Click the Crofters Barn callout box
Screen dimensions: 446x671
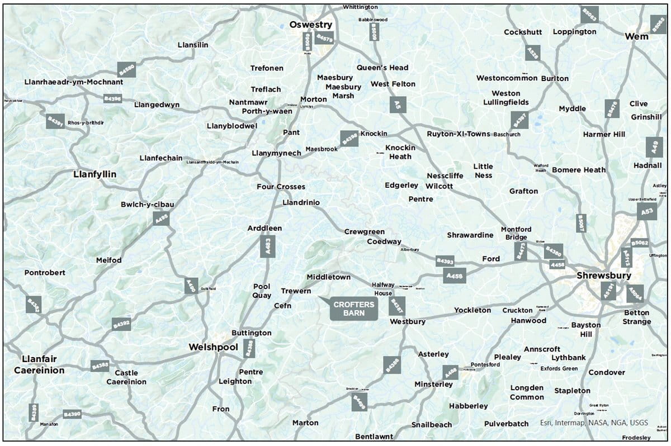tap(353, 309)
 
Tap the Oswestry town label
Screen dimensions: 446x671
tap(311, 25)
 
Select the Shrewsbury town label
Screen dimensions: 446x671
tap(604, 276)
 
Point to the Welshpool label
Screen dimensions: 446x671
tap(213, 347)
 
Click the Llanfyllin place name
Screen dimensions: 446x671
tap(95, 174)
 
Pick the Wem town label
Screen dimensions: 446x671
tap(637, 36)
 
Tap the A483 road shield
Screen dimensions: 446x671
tap(268, 246)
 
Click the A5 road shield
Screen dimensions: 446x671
tap(398, 105)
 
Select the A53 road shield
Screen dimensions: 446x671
tap(647, 211)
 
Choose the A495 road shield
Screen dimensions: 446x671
tap(161, 218)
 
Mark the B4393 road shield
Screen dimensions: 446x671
tap(445, 261)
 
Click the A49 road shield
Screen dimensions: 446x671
tap(654, 147)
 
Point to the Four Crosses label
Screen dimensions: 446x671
tap(281, 187)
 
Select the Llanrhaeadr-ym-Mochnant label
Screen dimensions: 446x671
tap(74, 82)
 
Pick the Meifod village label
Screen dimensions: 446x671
tap(108, 260)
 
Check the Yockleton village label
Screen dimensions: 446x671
tap(472, 310)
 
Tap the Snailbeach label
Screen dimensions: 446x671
tap(432, 425)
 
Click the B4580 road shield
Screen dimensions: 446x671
tap(127, 69)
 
